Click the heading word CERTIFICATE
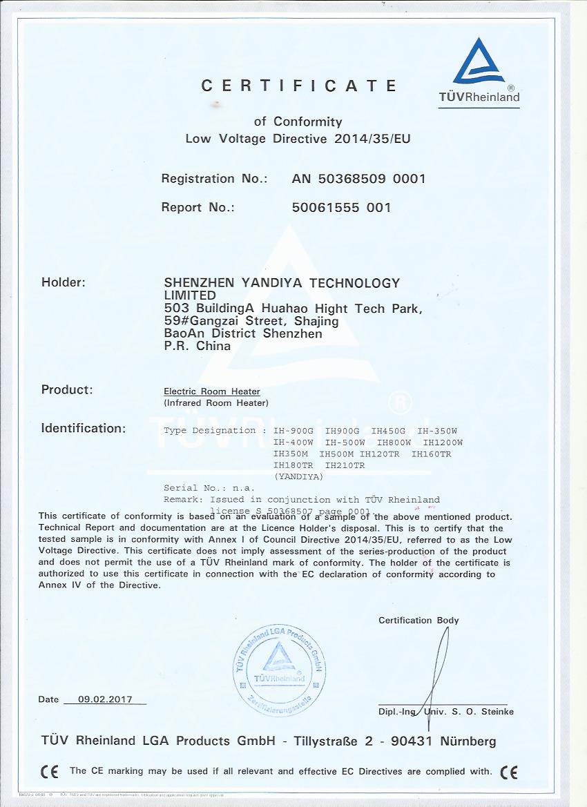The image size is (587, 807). coord(300,86)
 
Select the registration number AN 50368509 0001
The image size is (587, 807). coord(359,179)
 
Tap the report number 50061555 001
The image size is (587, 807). coord(342,207)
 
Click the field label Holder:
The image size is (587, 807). coord(64,282)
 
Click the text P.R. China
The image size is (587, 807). coord(197,347)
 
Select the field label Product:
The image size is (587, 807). coord(66,389)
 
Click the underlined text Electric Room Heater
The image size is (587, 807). coord(212,391)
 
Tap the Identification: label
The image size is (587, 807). coord(84,428)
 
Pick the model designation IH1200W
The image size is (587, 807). coord(443,442)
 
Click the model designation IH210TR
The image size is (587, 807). coord(345,465)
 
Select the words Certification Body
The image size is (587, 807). coord(418,620)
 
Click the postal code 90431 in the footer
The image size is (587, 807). coord(413,741)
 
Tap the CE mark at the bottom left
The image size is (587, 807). coord(49,771)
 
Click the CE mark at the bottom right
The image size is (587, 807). coord(508,771)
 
